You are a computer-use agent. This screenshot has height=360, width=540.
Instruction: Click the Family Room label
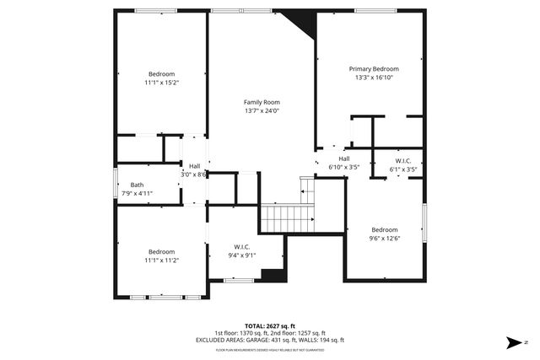point(262,101)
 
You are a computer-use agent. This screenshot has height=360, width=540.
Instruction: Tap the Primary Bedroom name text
point(374,69)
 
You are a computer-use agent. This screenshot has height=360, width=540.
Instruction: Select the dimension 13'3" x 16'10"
point(374,78)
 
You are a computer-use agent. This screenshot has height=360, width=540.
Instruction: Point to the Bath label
point(137,185)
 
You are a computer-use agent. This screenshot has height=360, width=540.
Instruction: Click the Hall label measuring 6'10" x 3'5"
point(344,159)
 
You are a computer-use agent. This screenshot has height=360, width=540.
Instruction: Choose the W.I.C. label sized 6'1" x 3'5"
point(402,161)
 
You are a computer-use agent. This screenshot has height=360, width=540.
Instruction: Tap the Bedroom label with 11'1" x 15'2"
point(161,74)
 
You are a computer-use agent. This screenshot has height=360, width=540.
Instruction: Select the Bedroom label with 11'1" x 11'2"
point(161,251)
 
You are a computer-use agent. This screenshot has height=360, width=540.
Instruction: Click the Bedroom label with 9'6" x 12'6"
point(385,229)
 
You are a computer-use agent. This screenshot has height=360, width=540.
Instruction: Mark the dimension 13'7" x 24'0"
point(262,110)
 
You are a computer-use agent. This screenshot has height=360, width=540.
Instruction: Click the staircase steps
point(287,219)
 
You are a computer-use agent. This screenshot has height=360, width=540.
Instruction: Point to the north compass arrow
point(513,342)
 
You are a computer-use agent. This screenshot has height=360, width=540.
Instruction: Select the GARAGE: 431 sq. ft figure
point(283,340)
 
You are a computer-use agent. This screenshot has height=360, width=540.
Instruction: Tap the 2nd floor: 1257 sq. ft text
point(297,333)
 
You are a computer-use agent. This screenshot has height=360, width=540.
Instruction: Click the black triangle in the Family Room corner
point(303,21)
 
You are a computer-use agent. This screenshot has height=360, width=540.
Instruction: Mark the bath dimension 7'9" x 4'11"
point(137,194)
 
